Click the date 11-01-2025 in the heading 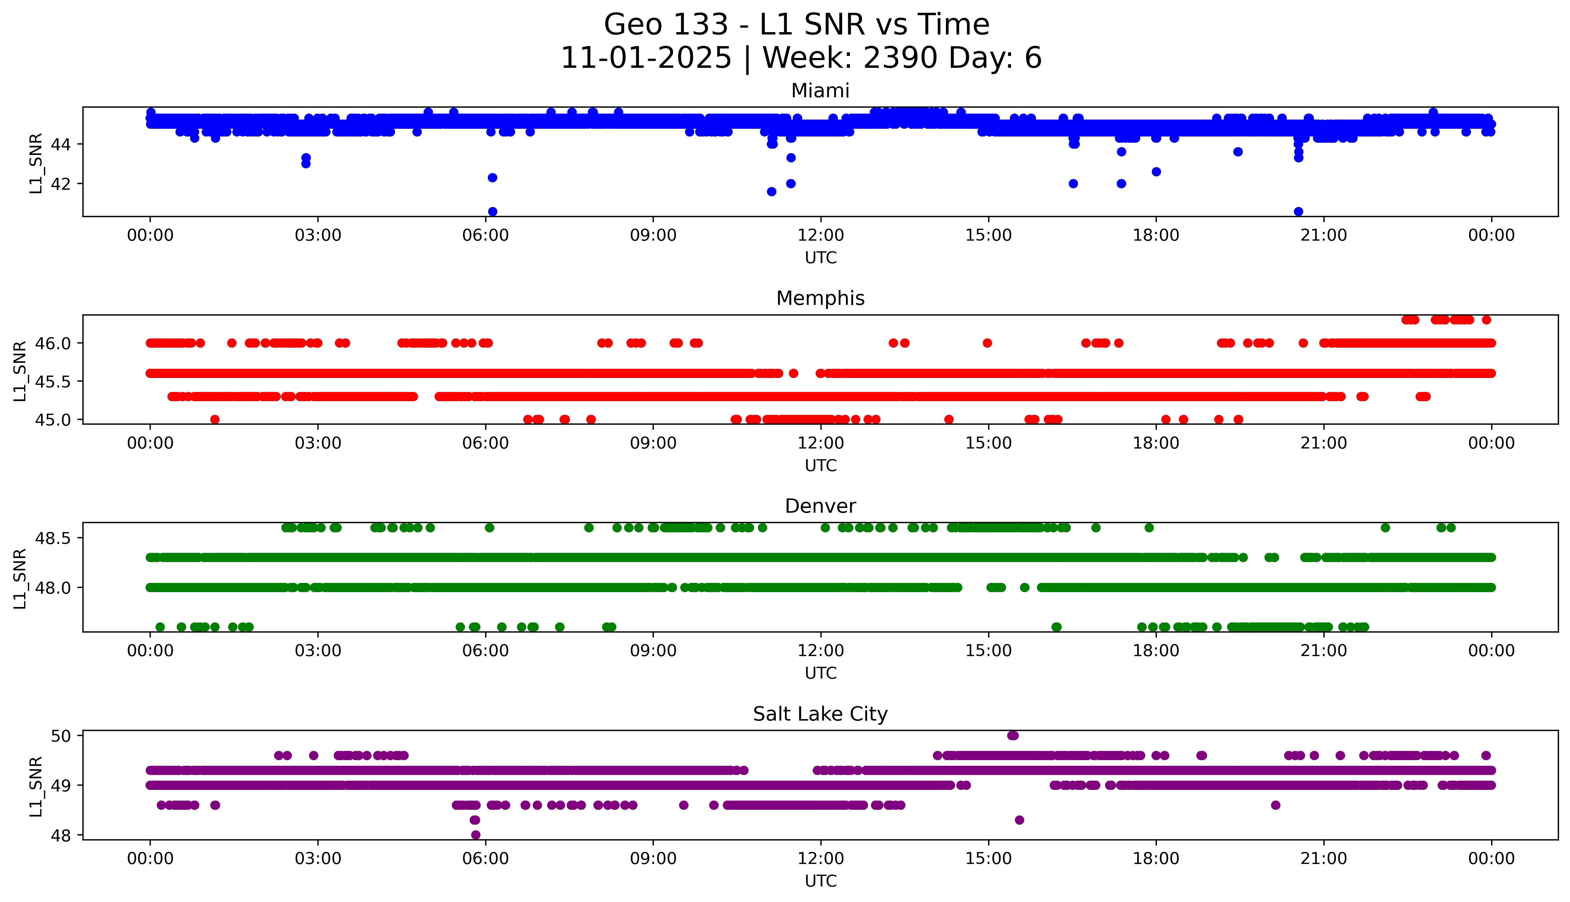pyautogui.click(x=646, y=58)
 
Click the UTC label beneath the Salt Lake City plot pyautogui.click(x=820, y=881)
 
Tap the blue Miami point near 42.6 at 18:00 pyautogui.click(x=1156, y=172)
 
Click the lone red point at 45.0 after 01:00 pyautogui.click(x=215, y=419)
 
